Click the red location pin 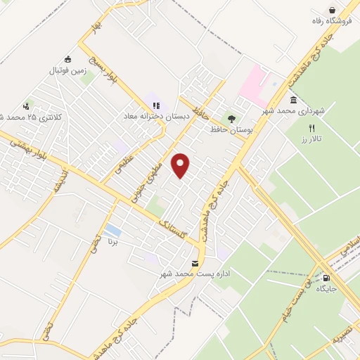pos(182,165)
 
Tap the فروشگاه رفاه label pos(332,22)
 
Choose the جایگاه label pos(327,288)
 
